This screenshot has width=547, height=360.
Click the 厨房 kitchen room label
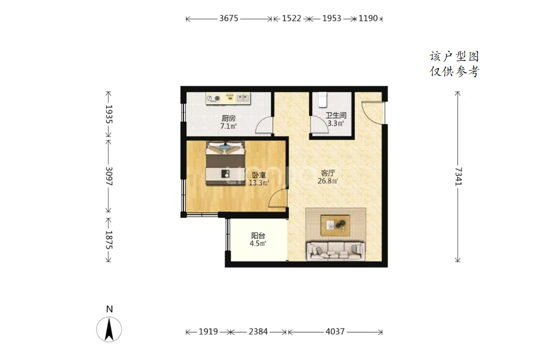pyautogui.click(x=228, y=119)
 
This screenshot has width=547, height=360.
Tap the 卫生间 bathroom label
pyautogui.click(x=336, y=116)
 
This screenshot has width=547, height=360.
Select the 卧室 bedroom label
pyautogui.click(x=259, y=175)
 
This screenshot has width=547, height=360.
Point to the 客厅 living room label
pyautogui.click(x=328, y=173)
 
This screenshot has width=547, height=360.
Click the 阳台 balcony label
pyautogui.click(x=258, y=236)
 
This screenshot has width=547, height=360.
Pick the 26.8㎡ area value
pyautogui.click(x=328, y=181)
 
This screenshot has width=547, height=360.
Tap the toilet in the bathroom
pyautogui.click(x=323, y=99)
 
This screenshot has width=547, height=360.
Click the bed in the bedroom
pyautogui.click(x=226, y=163)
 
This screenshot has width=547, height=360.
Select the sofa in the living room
pyautogui.click(x=335, y=251)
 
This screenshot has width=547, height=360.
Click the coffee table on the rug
pyautogui.click(x=335, y=225)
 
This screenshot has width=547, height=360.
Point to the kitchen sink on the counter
pyautogui.click(x=243, y=98)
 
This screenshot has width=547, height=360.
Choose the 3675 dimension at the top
pyautogui.click(x=228, y=18)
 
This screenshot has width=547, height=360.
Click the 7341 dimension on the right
pyautogui.click(x=458, y=176)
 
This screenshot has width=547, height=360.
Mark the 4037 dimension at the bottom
pyautogui.click(x=335, y=331)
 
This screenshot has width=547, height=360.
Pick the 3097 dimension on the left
pyautogui.click(x=109, y=176)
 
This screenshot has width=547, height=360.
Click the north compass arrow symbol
pyautogui.click(x=109, y=329)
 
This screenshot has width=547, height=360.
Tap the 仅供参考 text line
pyautogui.click(x=454, y=72)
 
